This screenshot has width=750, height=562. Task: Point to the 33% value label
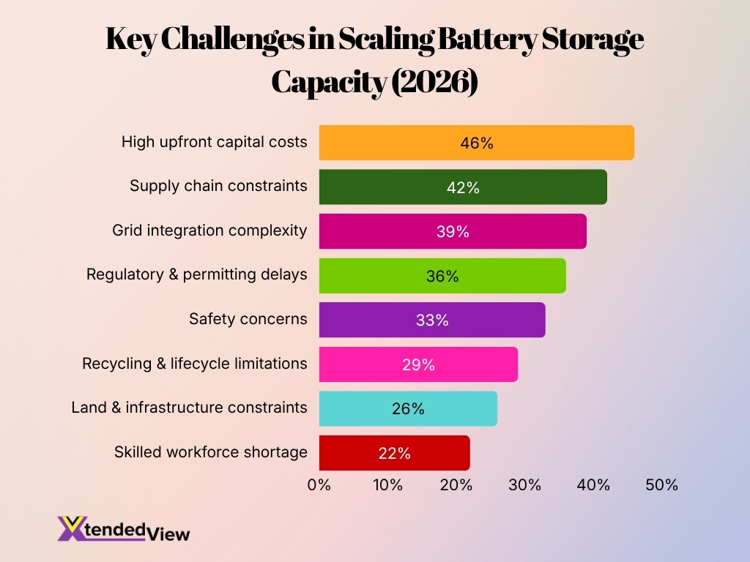tap(431, 320)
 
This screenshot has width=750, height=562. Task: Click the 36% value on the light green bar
tap(442, 276)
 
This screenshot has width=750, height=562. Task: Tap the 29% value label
tap(418, 364)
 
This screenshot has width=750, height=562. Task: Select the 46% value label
tap(477, 143)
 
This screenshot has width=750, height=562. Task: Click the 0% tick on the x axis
tap(319, 484)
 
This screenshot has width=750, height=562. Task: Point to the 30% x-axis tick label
tap(524, 484)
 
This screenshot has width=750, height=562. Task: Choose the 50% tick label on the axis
tap(661, 484)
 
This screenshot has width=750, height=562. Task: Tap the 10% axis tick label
tap(387, 484)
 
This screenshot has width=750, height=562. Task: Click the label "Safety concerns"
tap(248, 319)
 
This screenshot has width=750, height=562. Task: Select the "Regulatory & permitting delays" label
tap(197, 274)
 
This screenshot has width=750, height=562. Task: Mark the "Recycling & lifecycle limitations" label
tap(195, 363)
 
